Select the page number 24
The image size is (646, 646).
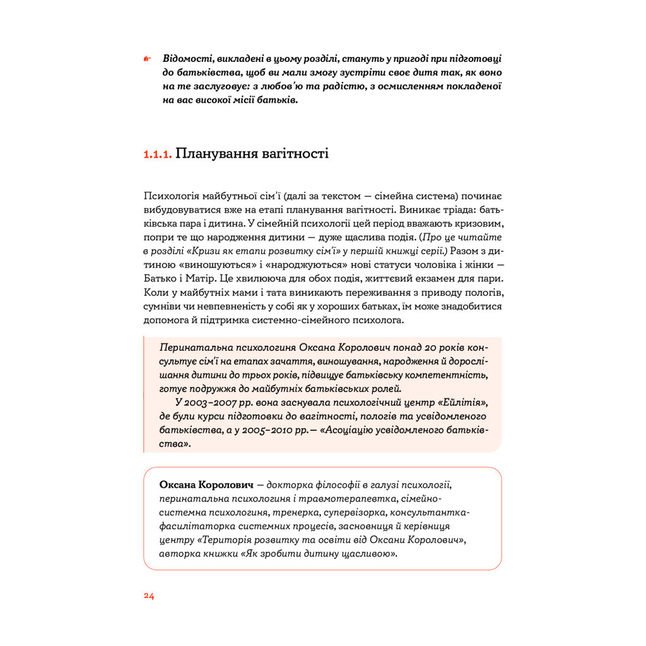point(149,596)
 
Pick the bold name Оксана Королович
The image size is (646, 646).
point(207,485)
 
